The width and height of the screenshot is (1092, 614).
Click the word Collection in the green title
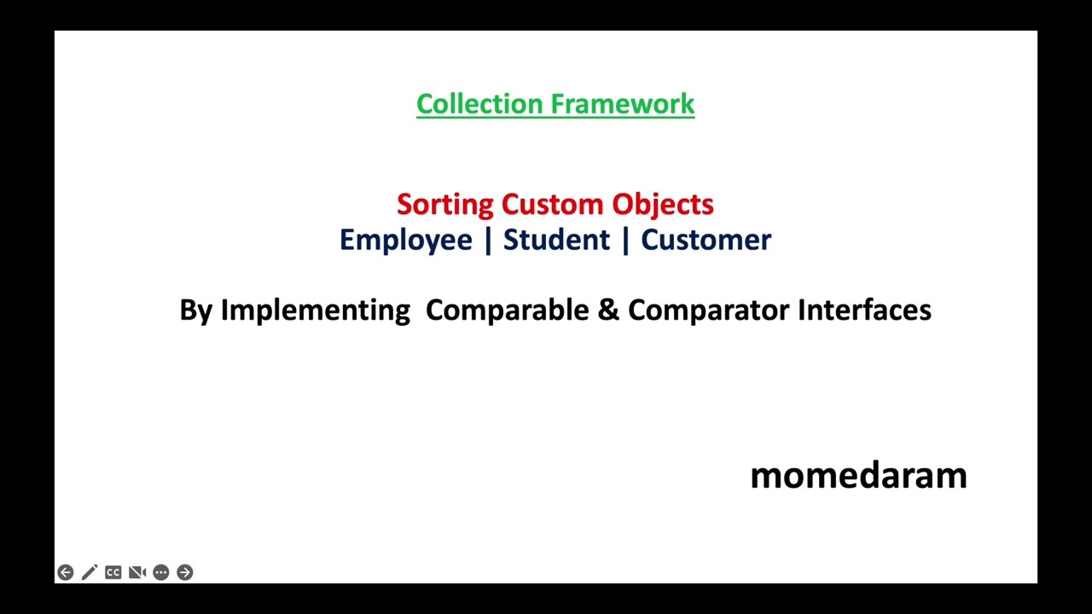click(468, 104)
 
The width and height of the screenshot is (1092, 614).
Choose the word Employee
click(405, 240)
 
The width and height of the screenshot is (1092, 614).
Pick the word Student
click(556, 240)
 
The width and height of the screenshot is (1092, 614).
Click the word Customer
click(706, 240)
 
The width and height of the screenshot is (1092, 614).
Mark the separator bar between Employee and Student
click(488, 240)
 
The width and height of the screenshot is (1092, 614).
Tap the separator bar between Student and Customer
click(625, 240)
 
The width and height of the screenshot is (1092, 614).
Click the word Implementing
click(315, 310)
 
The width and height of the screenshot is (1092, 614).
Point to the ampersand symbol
click(607, 310)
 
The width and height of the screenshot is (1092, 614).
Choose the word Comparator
click(708, 310)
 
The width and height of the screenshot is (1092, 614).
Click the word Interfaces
click(863, 310)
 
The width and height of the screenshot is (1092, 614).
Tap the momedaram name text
click(858, 476)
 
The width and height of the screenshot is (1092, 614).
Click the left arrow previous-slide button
click(66, 572)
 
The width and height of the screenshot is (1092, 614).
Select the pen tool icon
click(90, 572)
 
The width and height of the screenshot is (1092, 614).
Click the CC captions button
click(113, 572)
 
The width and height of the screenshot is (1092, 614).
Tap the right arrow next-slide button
click(185, 572)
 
